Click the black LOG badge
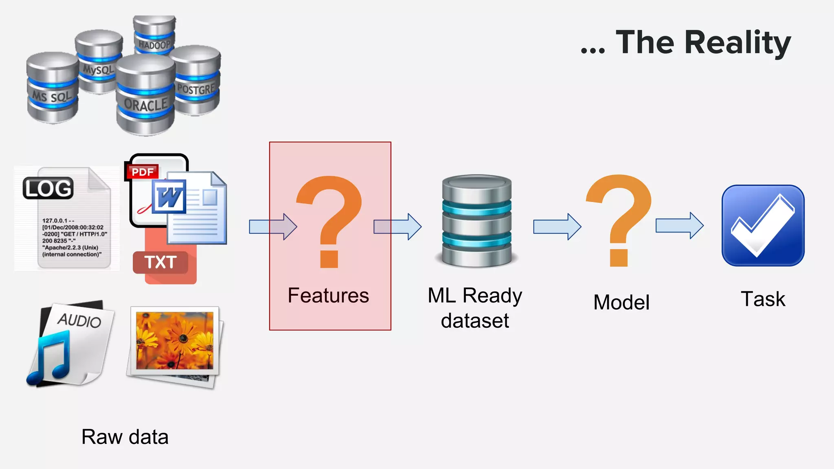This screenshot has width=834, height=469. click(x=48, y=188)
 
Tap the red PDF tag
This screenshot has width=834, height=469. click(x=142, y=172)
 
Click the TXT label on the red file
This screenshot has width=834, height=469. click(x=160, y=263)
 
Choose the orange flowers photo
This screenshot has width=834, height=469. click(x=174, y=341)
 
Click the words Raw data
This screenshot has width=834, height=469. click(x=125, y=437)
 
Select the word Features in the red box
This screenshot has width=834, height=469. click(x=328, y=296)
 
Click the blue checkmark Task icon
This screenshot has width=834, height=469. click(x=763, y=226)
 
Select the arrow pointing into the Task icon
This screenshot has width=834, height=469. click(x=679, y=225)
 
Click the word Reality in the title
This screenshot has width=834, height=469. click(x=737, y=42)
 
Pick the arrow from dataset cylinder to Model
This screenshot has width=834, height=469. click(x=557, y=226)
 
